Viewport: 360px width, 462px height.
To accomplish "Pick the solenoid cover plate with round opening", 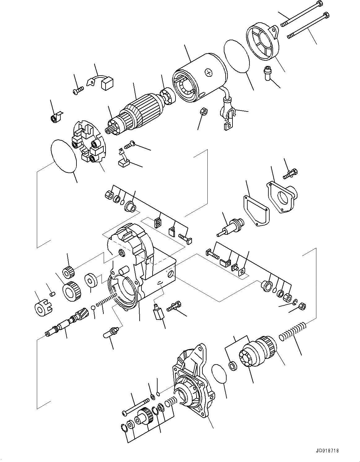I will (282, 198).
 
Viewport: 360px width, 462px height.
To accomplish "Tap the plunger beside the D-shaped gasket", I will (231, 227).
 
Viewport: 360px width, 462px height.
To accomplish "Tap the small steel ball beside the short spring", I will (93, 307).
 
